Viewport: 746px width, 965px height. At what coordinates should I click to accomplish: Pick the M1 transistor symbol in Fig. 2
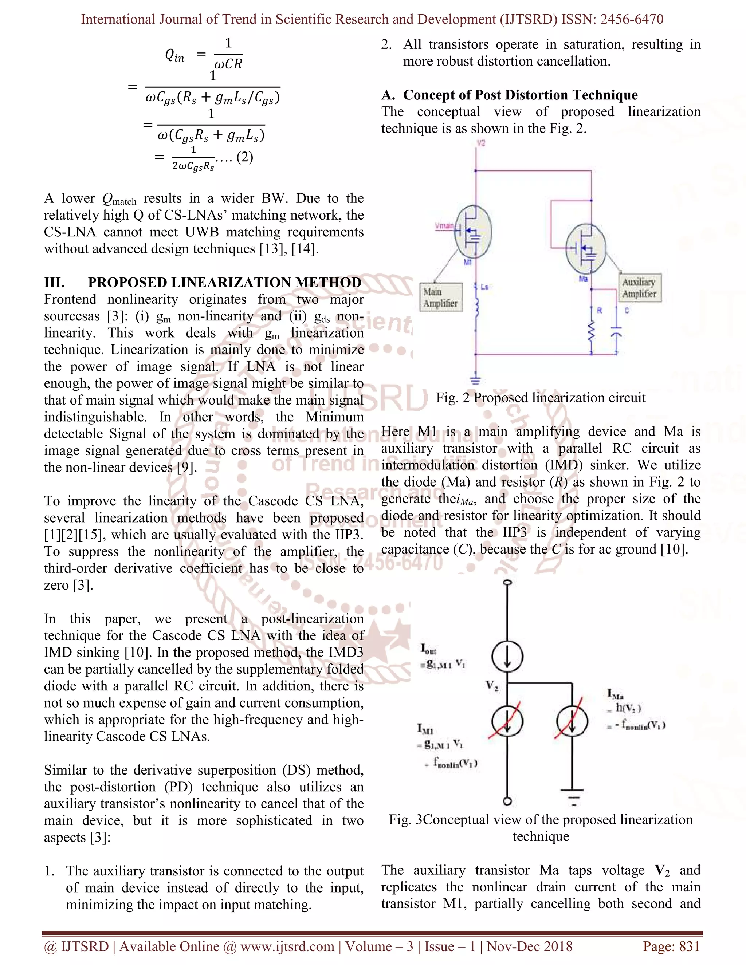point(472,232)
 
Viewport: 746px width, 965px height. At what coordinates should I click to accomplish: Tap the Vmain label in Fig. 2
point(444,226)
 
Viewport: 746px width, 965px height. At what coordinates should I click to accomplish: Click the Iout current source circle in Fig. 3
point(508,656)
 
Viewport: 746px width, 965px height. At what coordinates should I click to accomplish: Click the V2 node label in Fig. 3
point(492,686)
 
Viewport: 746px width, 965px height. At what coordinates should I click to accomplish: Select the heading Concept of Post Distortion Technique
point(520,95)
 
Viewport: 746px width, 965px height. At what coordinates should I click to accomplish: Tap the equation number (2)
point(244,157)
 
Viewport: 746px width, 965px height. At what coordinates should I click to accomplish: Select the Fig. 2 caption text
point(541,398)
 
